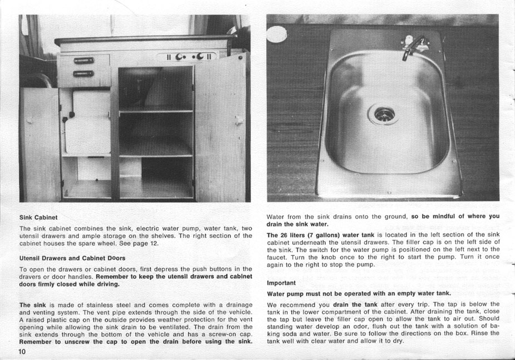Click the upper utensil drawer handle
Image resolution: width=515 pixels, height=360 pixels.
coord(84,61)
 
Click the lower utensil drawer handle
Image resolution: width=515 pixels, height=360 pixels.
coord(84,73)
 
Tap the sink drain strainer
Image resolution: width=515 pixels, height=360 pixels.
coord(384,114)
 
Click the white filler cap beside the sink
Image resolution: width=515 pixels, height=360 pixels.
coord(276,34)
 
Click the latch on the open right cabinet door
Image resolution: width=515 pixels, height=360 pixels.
coord(238,120)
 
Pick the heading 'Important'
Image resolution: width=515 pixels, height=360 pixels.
coord(281,283)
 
